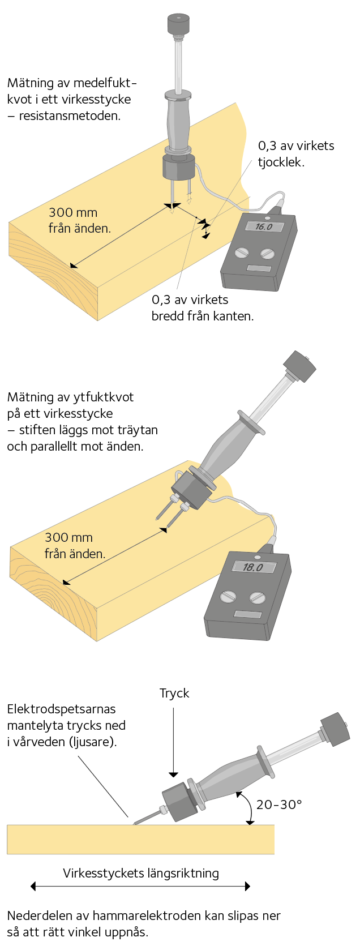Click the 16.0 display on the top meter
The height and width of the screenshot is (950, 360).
pyautogui.click(x=263, y=226)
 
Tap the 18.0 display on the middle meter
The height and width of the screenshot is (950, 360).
pyautogui.click(x=254, y=567)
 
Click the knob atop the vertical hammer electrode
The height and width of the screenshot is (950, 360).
pyautogui.click(x=178, y=24)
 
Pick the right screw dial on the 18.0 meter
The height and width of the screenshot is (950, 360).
pyautogui.click(x=257, y=598)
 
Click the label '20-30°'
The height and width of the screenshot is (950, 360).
pyautogui.click(x=279, y=804)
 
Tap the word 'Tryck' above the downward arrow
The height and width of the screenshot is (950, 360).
pyautogui.click(x=174, y=693)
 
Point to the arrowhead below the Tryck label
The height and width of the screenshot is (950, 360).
pyautogui.click(x=173, y=774)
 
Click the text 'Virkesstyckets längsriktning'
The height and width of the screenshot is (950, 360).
pyautogui.click(x=141, y=873)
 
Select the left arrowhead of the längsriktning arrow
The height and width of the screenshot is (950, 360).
pyautogui.click(x=33, y=886)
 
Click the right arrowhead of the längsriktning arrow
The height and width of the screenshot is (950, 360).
pyautogui.click(x=247, y=886)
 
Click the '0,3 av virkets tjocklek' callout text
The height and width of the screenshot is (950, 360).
pyautogui.click(x=296, y=153)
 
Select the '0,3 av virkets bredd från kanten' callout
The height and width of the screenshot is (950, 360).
pyautogui.click(x=203, y=307)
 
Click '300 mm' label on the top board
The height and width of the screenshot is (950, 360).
pyautogui.click(x=73, y=212)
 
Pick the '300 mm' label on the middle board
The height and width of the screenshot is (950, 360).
pyautogui.click(x=68, y=537)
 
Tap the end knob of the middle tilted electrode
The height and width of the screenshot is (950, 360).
pyautogui.click(x=300, y=366)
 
